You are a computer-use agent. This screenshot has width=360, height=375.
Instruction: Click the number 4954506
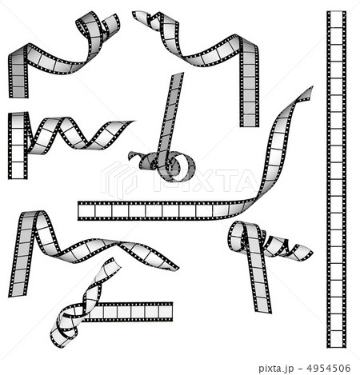[x=329, y=369]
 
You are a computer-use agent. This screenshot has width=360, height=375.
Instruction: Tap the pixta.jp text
[x=276, y=369]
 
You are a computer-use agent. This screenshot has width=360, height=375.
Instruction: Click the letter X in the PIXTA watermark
[x=198, y=180]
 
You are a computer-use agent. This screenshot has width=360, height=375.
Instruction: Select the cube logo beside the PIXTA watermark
[x=119, y=180]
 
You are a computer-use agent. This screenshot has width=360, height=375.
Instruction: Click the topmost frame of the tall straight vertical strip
[x=336, y=20]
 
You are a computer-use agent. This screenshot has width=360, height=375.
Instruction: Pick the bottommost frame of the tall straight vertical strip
[x=337, y=339]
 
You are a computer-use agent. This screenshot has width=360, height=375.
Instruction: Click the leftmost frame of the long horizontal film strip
[x=86, y=211]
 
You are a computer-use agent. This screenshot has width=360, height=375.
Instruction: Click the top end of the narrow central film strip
[x=178, y=74]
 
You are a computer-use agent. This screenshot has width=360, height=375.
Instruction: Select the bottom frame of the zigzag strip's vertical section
[x=18, y=170]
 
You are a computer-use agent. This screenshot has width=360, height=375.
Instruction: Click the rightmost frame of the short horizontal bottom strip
[x=166, y=312]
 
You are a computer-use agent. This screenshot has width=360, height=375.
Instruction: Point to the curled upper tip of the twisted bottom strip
[x=113, y=260]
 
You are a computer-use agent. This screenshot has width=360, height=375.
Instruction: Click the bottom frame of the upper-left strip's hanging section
[x=18, y=92]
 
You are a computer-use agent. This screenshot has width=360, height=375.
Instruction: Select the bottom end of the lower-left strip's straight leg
[x=18, y=293]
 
